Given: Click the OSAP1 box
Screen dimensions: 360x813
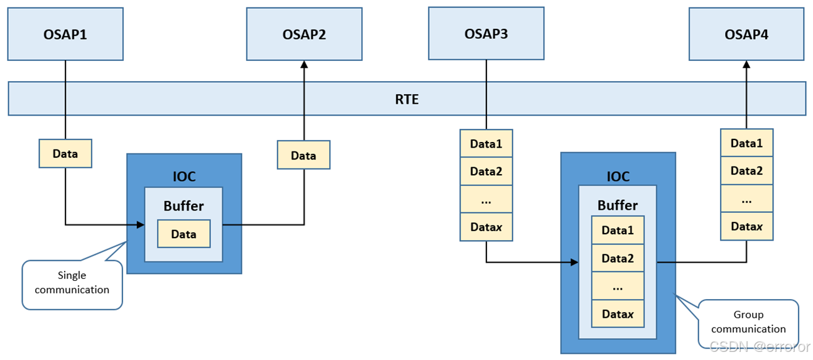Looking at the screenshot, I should pos(65,34).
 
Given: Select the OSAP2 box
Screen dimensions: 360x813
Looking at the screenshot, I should pos(304,34).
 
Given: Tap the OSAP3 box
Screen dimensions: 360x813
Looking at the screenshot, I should pos(486,33).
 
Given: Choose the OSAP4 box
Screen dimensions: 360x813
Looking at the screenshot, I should pos(746,34).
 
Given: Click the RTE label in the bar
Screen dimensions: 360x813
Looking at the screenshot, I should pos(407,99).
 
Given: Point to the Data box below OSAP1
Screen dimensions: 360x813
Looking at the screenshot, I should pos(65,154).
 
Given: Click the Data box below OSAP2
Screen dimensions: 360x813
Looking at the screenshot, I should pos(303,155).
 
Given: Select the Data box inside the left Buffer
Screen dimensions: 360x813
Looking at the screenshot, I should pos(183,234).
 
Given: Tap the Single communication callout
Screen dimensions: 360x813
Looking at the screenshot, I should pos(72,283).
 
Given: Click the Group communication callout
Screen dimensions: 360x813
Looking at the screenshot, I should pos(748,322).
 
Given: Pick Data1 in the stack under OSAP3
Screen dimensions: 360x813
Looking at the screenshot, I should pos(486,144).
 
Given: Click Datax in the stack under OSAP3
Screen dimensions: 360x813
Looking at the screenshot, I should pos(486,227).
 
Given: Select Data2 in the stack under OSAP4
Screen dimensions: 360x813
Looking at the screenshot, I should pos(746,171).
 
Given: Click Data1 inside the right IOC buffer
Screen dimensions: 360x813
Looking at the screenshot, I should pos(618,231).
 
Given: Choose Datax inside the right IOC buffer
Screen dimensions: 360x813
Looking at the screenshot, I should pos(618,314).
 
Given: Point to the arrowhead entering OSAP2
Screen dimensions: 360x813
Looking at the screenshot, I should pos(304,64).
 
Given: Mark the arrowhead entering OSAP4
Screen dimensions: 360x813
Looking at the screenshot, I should pos(746,64).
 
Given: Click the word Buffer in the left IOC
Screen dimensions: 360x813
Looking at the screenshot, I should pos(183,205).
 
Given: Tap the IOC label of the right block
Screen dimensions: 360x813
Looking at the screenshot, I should pos(618,176).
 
